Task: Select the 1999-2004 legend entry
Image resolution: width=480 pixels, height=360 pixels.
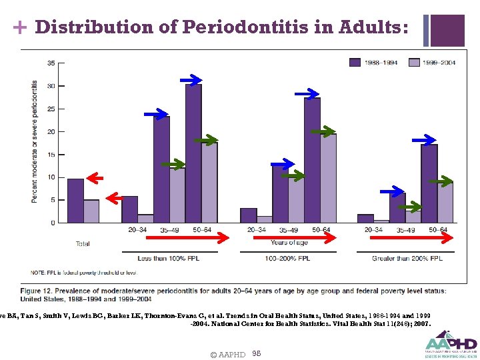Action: coord(433,62)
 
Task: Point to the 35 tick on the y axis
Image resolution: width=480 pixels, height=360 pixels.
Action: coord(51,63)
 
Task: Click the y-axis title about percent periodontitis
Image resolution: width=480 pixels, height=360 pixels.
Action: coord(35,141)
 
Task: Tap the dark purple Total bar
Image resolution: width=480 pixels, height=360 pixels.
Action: coord(75,200)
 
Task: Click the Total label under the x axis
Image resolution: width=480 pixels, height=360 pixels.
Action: coord(83,244)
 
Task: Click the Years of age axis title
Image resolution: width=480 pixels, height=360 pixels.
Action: coord(289,243)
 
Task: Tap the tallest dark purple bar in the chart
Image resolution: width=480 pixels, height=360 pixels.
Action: coord(193,153)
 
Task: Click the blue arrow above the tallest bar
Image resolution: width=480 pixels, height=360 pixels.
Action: coord(191,80)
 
